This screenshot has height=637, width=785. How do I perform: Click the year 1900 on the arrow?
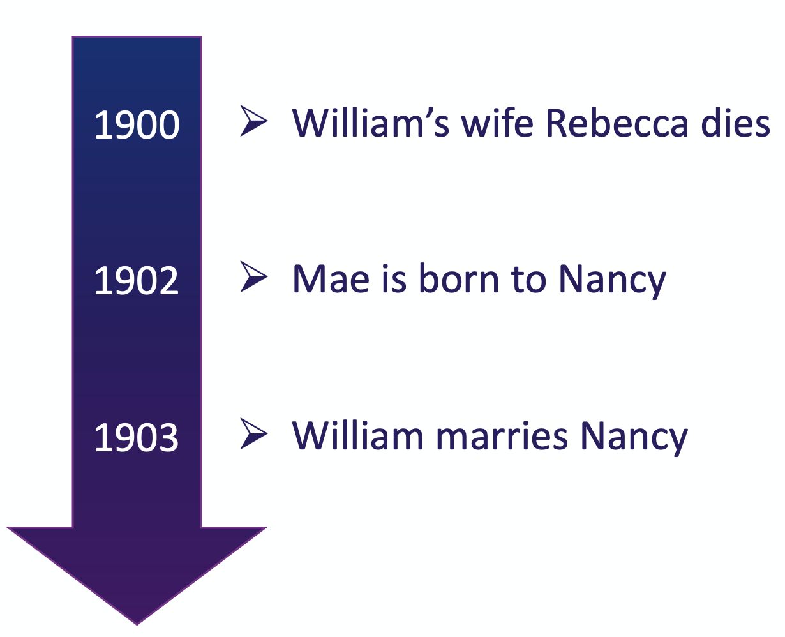[x=137, y=125]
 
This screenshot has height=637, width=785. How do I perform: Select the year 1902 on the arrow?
[x=137, y=281]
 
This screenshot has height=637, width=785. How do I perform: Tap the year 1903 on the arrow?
[x=137, y=438]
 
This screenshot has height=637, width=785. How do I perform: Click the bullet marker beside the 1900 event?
[x=253, y=121]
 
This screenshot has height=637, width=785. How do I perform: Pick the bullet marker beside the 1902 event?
[x=253, y=277]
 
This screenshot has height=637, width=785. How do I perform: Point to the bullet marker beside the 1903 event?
[x=253, y=433]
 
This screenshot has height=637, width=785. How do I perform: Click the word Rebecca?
[x=617, y=123]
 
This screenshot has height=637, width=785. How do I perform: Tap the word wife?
[x=497, y=122]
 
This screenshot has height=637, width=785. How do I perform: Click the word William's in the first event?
[x=370, y=122]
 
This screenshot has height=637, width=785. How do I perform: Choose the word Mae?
[x=331, y=279]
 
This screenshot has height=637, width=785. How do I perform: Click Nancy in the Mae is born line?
[x=612, y=281]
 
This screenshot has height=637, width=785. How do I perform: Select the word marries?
[x=502, y=436]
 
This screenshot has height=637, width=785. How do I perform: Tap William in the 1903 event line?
[x=357, y=435]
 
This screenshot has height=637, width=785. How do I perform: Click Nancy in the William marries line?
[x=634, y=438]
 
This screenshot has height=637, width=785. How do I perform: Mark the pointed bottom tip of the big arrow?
[x=137, y=624]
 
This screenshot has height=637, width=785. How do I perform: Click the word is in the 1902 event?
[x=394, y=279]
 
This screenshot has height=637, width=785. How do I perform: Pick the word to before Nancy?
[x=528, y=280]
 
